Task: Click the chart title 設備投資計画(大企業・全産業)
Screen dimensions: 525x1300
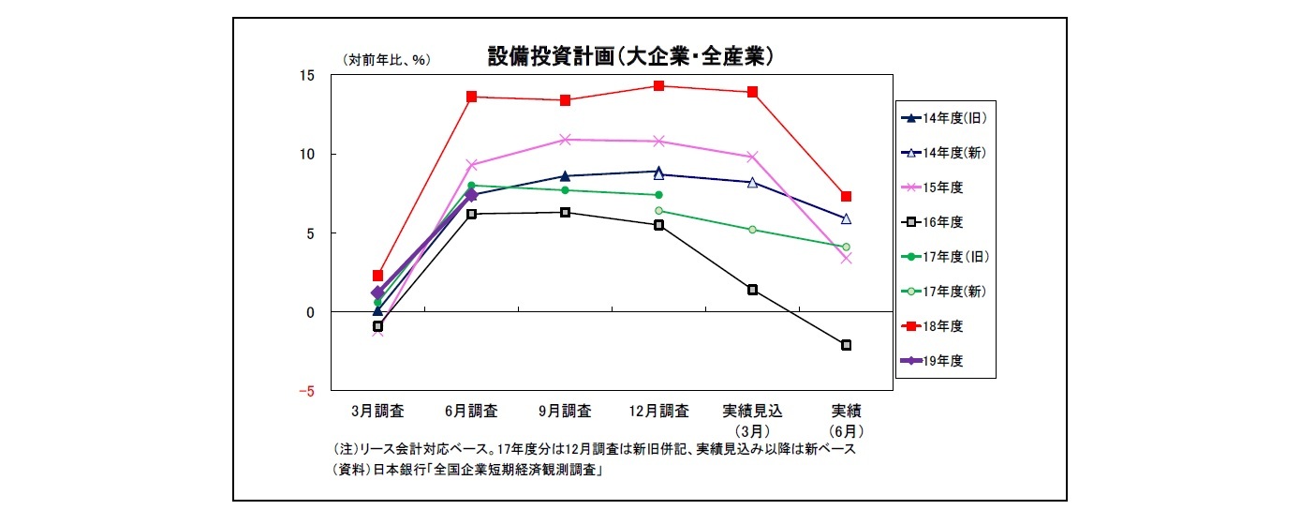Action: (629, 57)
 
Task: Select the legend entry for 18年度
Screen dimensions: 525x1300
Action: (942, 325)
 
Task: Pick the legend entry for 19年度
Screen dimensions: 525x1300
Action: (942, 360)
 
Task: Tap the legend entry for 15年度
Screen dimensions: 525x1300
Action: (942, 187)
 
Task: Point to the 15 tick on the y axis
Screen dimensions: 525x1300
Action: (308, 75)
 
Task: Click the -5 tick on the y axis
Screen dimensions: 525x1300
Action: (306, 391)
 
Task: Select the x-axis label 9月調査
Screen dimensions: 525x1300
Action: (565, 411)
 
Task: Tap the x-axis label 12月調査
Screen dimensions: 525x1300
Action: (658, 411)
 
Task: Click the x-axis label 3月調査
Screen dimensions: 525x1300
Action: (377, 411)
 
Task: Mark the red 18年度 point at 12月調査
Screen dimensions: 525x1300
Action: (658, 86)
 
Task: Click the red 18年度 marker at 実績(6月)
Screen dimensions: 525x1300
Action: (846, 196)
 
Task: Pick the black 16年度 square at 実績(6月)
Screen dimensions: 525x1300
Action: (846, 345)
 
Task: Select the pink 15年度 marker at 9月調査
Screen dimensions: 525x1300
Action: (565, 140)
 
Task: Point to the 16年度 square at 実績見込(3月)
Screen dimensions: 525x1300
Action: (752, 290)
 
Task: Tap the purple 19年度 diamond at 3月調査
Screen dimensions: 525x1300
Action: (377, 292)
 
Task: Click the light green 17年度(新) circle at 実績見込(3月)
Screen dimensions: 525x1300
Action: (752, 230)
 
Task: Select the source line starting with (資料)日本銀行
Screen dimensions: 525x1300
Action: (467, 472)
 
